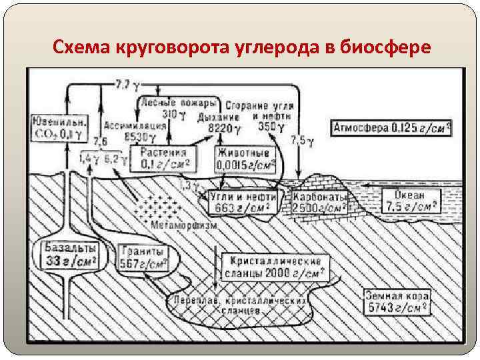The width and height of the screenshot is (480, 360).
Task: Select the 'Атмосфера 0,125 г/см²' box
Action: pos(391,128)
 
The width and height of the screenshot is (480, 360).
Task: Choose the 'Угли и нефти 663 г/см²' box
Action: pos(239,202)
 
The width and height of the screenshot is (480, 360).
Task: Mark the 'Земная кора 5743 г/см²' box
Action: pos(397,301)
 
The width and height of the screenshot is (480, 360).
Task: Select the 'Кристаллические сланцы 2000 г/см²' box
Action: pos(275,267)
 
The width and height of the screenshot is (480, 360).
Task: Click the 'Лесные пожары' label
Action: pos(178,104)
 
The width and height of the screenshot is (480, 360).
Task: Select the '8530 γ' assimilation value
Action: pos(122,137)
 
